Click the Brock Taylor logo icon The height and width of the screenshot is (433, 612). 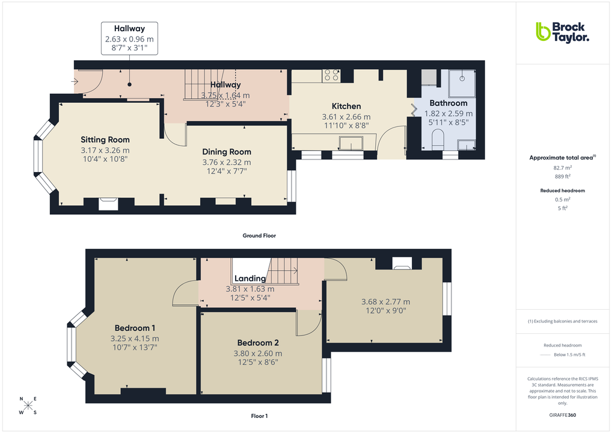(x=543, y=31)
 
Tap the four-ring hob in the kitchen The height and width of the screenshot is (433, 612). (x=331, y=75)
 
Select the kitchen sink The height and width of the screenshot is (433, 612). (x=350, y=144)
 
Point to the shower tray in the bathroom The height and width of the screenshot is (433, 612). (x=462, y=82)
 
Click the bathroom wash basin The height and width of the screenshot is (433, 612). (x=467, y=145)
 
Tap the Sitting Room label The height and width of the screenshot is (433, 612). (x=105, y=140)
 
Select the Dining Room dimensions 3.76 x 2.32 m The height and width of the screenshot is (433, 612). (x=226, y=162)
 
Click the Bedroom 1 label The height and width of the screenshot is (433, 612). (x=135, y=328)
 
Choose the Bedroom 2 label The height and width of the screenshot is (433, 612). (x=258, y=343)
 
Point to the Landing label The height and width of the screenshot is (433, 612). (x=249, y=278)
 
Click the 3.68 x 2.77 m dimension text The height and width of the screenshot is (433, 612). (x=385, y=302)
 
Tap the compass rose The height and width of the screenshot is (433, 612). (x=28, y=405)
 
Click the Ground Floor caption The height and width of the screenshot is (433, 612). (x=259, y=236)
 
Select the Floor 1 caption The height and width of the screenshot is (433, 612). (x=259, y=416)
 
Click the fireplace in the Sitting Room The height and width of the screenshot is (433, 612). (x=109, y=204)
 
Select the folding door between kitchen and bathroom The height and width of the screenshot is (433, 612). (x=414, y=110)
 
